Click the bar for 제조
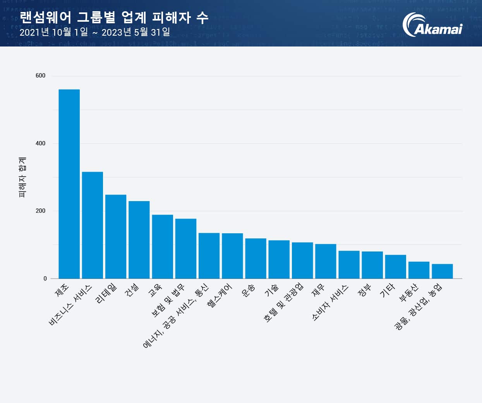pyautogui.click(x=69, y=184)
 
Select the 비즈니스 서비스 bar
pyautogui.click(x=93, y=225)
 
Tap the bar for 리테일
pyautogui.click(x=116, y=236)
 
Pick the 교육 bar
pyautogui.click(x=162, y=246)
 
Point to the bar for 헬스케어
pyautogui.click(x=232, y=256)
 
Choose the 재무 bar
pyautogui.click(x=326, y=261)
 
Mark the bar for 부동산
pyautogui.click(x=419, y=270)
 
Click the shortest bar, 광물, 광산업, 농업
pyautogui.click(x=442, y=271)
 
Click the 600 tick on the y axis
pyautogui.click(x=40, y=76)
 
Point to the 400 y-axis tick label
pyautogui.click(x=40, y=143)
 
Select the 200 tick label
pyautogui.click(x=40, y=211)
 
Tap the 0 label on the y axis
pyautogui.click(x=45, y=278)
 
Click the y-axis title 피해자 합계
pyautogui.click(x=22, y=177)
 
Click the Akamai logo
pyautogui.click(x=432, y=25)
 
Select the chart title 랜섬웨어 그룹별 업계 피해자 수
pyautogui.click(x=114, y=17)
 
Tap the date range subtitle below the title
pyautogui.click(x=95, y=32)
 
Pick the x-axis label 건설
pyautogui.click(x=132, y=289)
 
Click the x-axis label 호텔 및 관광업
pyautogui.click(x=284, y=303)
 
